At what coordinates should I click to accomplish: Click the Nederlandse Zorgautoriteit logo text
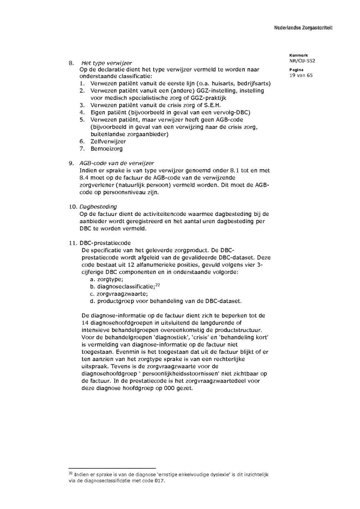[303, 28]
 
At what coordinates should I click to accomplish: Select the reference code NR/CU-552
[302, 61]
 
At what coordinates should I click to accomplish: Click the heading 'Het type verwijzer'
[106, 63]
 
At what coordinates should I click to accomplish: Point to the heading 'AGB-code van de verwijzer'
[116, 163]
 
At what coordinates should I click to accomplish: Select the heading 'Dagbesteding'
[98, 207]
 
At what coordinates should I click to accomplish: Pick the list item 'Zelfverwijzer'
[108, 142]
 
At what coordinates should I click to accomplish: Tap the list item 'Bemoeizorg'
[106, 149]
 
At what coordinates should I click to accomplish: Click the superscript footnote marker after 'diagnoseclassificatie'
[158, 285]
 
